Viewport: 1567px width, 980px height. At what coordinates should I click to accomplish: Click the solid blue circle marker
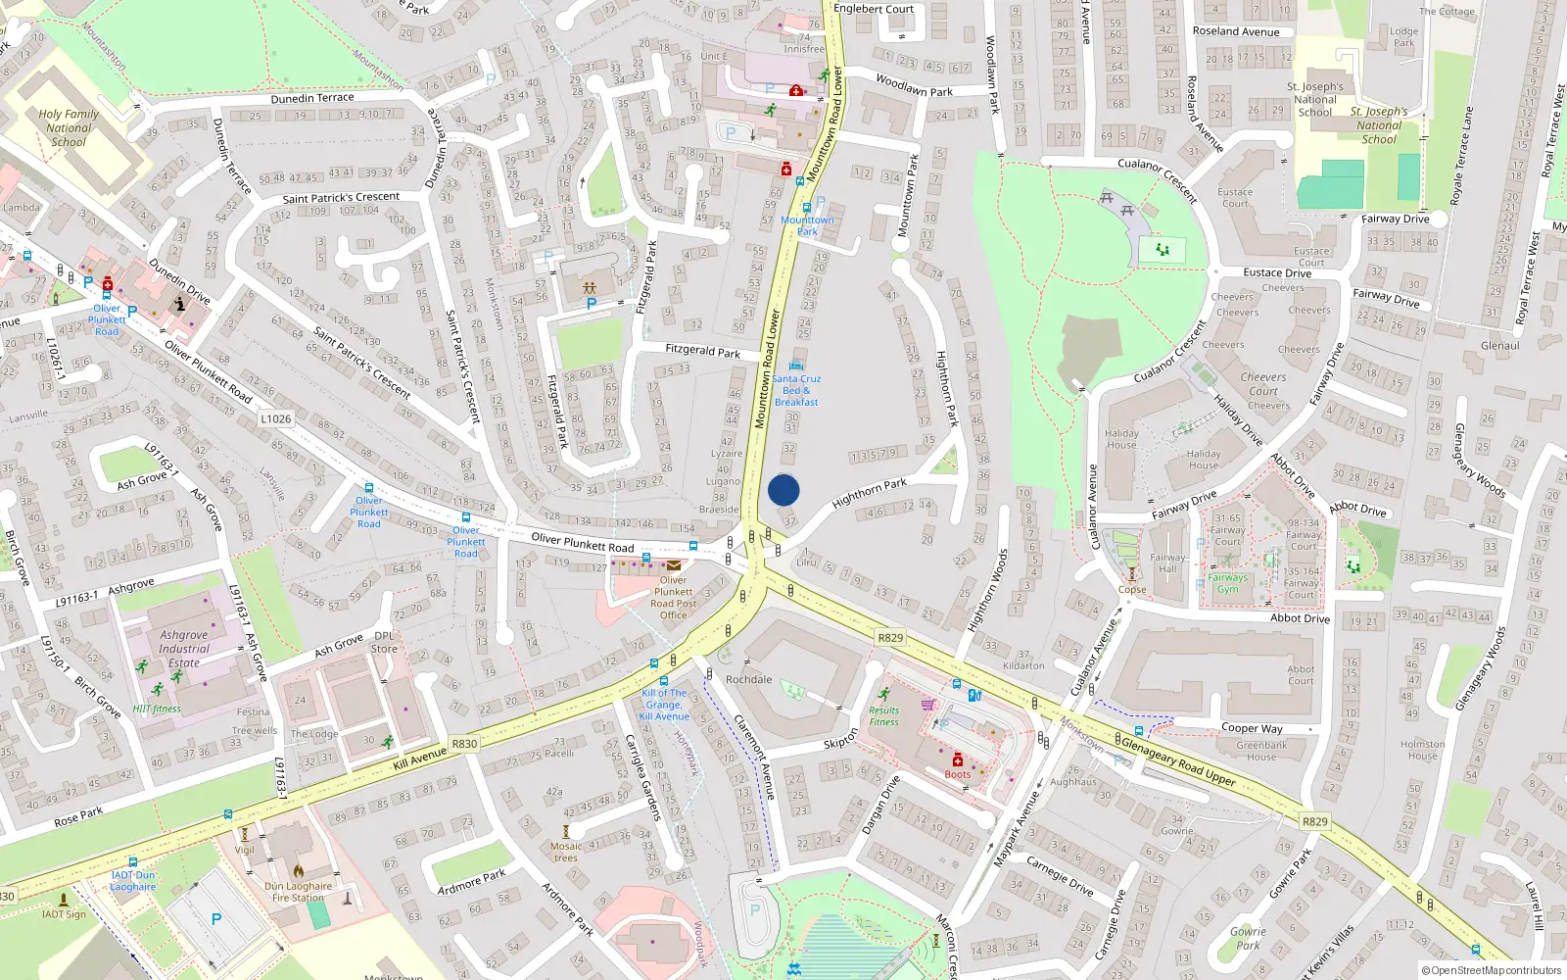783,490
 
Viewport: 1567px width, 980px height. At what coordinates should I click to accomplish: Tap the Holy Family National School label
69,127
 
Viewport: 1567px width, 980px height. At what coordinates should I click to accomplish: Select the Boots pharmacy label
958,774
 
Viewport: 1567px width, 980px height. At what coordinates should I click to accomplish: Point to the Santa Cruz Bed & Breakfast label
796,390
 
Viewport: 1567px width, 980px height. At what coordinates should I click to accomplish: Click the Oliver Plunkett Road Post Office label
673,598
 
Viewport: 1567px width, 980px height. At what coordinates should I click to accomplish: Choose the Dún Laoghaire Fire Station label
298,892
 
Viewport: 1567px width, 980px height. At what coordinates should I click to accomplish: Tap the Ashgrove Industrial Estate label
184,649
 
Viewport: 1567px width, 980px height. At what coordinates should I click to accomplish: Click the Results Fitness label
883,716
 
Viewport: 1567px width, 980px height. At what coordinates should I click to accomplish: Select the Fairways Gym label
1228,583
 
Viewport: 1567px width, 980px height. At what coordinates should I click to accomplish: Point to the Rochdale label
748,679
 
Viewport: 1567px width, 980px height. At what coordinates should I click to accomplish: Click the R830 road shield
464,744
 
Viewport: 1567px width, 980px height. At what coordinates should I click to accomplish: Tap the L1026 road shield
276,418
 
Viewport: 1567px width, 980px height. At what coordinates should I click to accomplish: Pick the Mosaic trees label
566,852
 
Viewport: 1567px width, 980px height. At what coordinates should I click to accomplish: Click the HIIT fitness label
157,709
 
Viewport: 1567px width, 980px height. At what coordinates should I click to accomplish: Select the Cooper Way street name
1252,728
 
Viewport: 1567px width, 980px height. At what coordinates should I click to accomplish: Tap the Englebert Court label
873,9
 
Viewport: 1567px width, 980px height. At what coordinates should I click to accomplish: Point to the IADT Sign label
64,914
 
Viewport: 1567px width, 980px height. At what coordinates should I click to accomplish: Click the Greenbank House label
1261,751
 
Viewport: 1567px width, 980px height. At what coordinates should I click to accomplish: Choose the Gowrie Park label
1248,939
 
